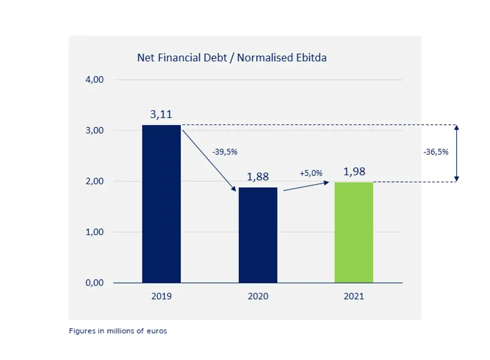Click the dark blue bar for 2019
point(161,204)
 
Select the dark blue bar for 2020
point(258,235)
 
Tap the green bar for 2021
point(354,233)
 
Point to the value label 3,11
point(161,114)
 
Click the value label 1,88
point(258,177)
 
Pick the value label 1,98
point(355,172)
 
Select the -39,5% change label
point(225,152)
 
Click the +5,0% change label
point(311,173)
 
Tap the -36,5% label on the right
point(436,152)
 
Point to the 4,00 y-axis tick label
point(94,80)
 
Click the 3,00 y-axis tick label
point(94,131)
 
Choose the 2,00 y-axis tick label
point(94,182)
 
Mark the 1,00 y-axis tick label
point(94,232)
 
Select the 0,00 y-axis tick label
point(94,283)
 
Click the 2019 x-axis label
point(161,297)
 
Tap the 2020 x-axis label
point(258,297)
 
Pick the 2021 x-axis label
point(354,297)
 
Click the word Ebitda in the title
point(311,58)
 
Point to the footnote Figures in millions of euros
point(118,331)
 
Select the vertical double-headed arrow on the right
point(457,153)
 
